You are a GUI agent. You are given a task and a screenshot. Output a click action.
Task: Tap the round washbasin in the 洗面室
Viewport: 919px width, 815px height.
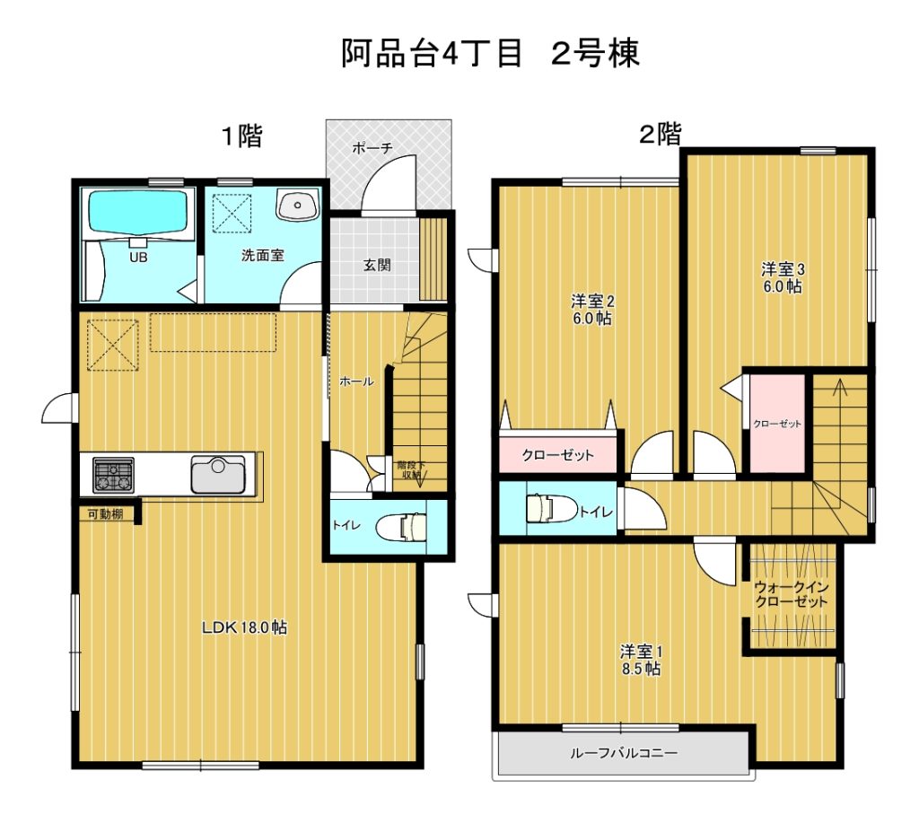(298, 206)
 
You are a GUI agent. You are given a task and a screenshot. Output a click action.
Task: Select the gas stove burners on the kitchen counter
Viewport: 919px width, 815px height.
(113, 475)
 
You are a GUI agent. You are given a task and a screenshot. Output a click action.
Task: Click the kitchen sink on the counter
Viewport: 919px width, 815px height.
(218, 474)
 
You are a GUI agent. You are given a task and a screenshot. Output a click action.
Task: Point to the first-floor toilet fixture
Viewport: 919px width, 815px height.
(402, 526)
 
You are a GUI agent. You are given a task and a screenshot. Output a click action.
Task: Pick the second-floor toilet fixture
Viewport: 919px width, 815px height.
(552, 508)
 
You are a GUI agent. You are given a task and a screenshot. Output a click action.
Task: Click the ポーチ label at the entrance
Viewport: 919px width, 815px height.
(372, 148)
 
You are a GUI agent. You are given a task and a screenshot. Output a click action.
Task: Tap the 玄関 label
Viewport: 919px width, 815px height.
(377, 265)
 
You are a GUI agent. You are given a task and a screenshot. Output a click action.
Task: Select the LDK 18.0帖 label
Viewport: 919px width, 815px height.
(244, 627)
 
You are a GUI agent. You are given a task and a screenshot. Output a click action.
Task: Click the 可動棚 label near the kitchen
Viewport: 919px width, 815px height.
(106, 514)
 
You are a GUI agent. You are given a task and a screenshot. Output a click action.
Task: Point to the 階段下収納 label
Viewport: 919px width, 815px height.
(411, 470)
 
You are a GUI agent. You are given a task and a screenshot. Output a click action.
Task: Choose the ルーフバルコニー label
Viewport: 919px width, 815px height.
(624, 752)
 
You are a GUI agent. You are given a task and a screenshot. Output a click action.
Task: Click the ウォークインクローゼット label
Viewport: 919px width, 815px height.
(792, 594)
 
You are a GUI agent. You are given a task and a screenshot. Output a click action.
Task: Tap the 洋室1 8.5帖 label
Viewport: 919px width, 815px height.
(641, 661)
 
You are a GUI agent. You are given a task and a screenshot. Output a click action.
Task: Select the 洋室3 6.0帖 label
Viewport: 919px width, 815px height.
(783, 278)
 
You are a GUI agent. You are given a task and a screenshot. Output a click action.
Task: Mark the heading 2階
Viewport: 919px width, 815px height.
(661, 135)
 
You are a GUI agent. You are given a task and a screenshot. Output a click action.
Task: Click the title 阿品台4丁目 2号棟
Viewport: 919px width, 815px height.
(491, 54)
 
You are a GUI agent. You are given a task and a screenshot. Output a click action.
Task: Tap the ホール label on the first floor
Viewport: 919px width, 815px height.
(356, 381)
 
